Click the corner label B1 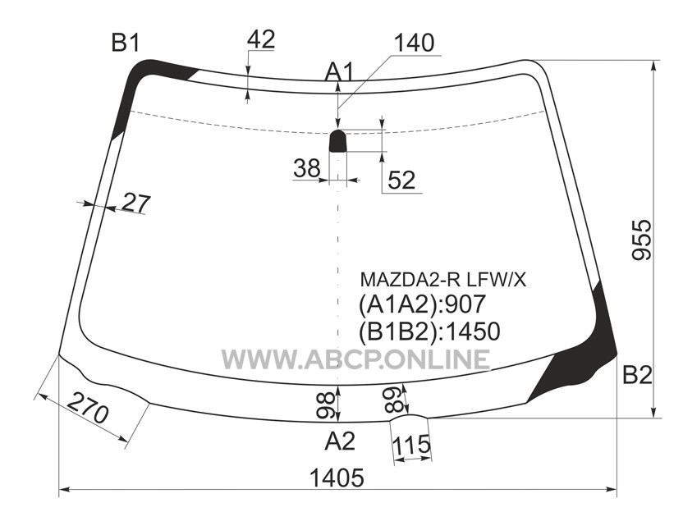126,43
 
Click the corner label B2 637,375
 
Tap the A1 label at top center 340,72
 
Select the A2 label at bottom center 340,441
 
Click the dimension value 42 261,39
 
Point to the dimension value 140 414,43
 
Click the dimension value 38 307,168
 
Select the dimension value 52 401,180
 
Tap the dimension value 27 136,203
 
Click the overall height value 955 642,240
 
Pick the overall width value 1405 337,478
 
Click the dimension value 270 89,408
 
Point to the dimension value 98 326,405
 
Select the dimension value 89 395,400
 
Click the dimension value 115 411,445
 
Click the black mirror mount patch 337,140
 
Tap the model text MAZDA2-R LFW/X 443,280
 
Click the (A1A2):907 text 422,304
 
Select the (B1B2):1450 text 429,331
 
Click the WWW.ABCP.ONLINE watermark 356,359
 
